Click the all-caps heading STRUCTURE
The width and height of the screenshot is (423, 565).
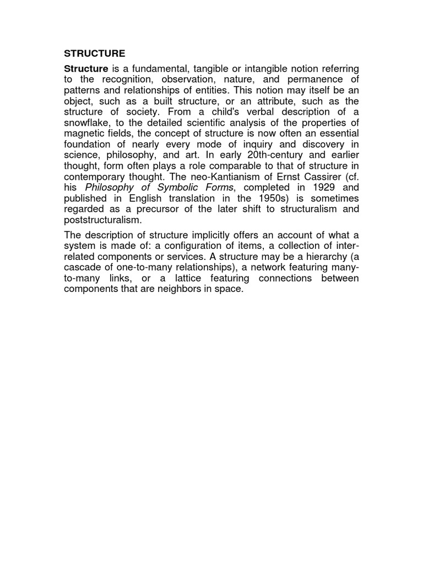point(95,54)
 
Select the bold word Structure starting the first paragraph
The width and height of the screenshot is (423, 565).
point(86,68)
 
